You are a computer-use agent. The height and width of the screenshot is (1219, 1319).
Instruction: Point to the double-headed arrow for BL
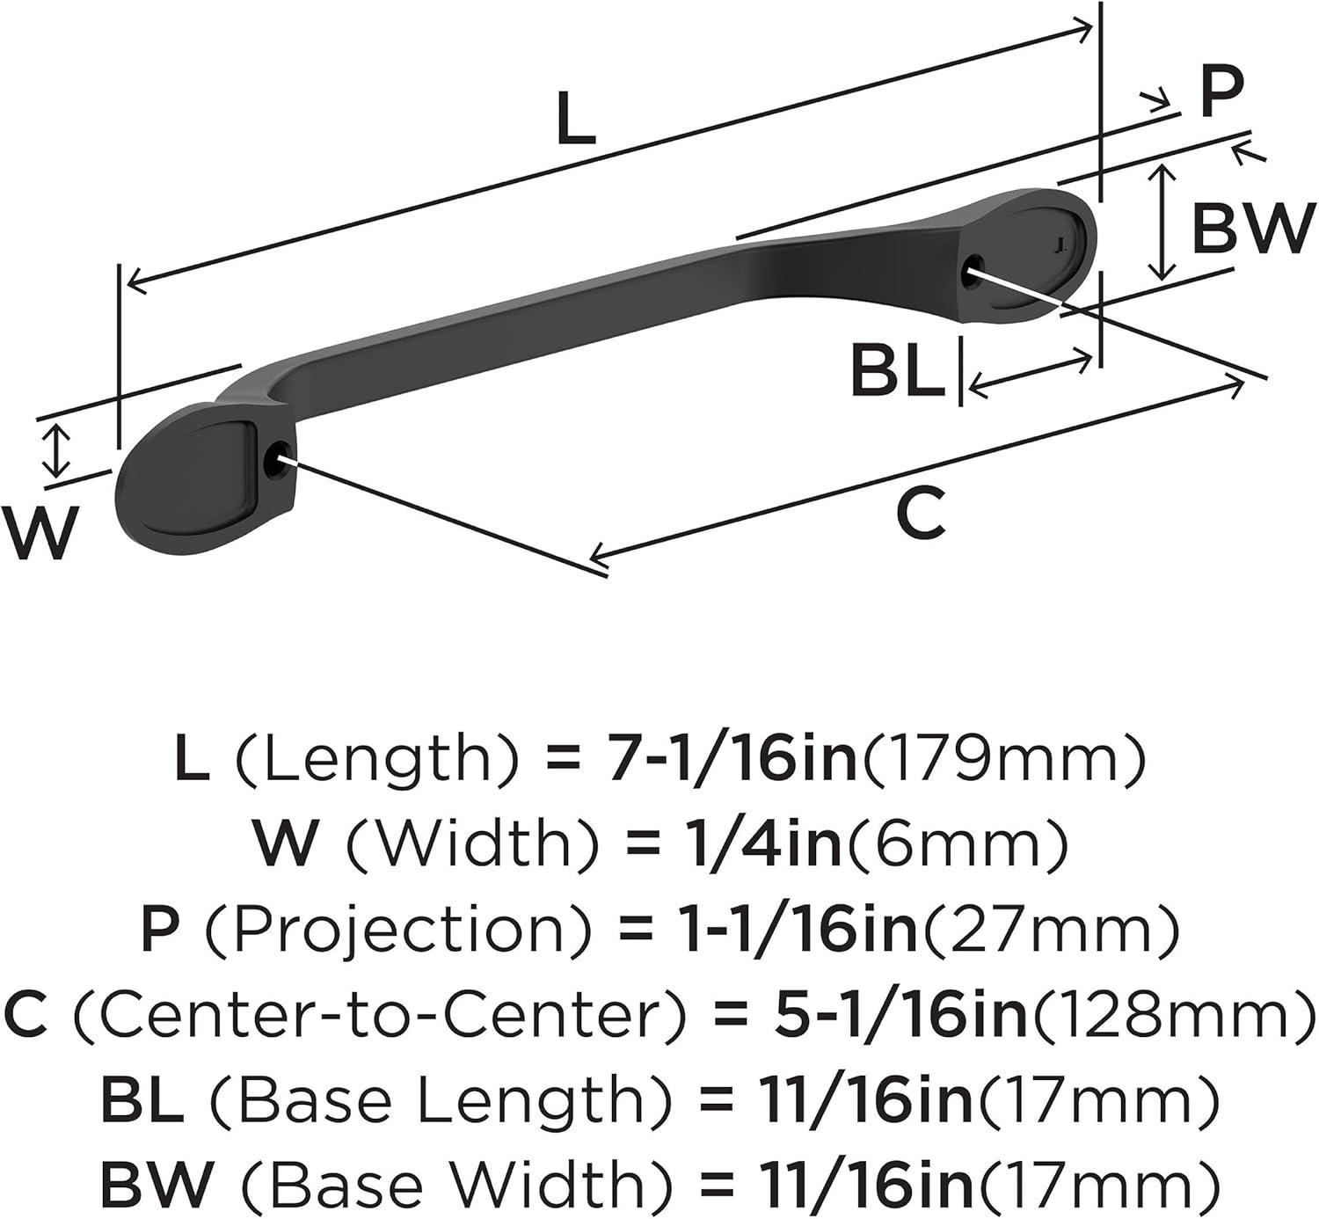click(x=1030, y=376)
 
